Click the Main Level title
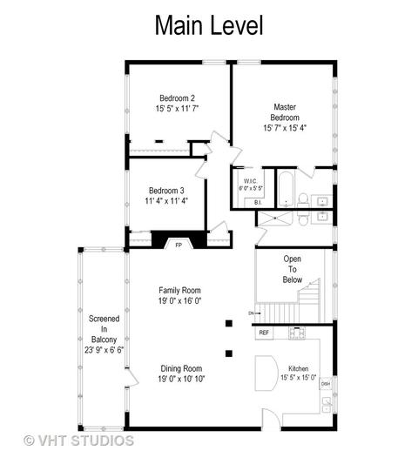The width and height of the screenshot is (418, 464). point(209,25)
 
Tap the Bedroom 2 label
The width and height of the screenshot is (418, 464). point(177,98)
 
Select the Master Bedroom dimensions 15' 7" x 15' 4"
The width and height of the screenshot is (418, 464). point(285,128)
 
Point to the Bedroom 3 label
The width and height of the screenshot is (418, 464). point(166,191)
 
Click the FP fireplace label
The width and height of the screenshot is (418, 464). point(179,245)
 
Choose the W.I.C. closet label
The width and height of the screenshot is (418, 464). point(250,181)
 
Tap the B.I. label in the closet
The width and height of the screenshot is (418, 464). point(258,203)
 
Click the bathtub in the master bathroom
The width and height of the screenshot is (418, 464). point(286,189)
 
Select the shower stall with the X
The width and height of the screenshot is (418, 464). point(275,219)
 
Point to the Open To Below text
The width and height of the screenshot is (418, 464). point(293,269)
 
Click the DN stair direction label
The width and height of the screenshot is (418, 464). point(252,313)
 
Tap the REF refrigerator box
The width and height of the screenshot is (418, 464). point(264,333)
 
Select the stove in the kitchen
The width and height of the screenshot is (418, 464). point(297,333)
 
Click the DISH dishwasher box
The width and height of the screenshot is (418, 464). point(326,384)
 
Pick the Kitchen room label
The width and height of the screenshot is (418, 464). point(299,368)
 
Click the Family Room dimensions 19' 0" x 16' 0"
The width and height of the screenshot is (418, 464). point(179,300)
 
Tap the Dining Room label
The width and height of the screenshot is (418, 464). point(181,368)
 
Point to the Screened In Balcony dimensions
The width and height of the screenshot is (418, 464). point(104,350)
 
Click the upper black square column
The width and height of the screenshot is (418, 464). point(228,323)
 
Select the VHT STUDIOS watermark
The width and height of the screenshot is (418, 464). point(78,440)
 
